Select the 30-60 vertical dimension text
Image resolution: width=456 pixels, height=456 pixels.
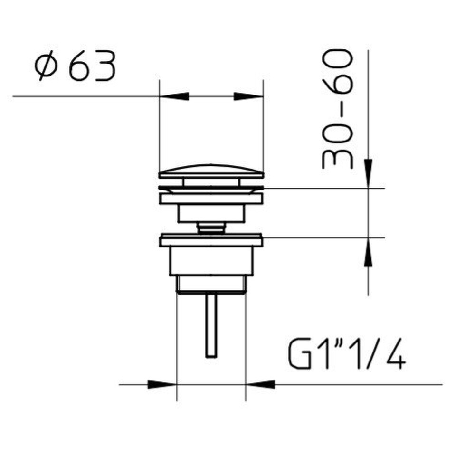337,109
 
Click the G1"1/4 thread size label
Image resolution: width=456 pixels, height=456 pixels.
347,353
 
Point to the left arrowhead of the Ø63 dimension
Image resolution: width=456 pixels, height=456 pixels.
174,96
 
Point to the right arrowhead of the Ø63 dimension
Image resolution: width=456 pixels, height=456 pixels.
248,96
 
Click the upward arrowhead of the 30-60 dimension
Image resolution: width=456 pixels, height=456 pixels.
368,252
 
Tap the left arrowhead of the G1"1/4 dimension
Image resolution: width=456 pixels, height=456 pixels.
162,384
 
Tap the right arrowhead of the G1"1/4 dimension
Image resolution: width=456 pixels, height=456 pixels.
260,384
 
